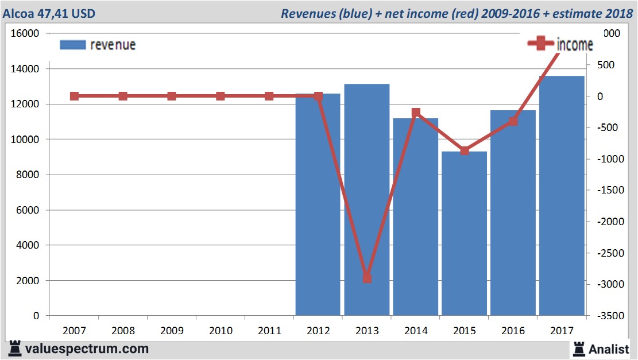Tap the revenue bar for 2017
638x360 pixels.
(x=562, y=196)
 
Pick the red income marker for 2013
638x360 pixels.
(x=367, y=278)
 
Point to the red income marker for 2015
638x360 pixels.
(x=465, y=150)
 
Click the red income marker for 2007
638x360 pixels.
(x=74, y=96)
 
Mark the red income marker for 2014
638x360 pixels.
(x=416, y=113)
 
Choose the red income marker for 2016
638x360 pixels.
(x=513, y=121)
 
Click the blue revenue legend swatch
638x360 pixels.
(x=72, y=45)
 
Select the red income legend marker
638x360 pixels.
(x=540, y=44)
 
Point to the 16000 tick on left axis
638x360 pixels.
(x=25, y=33)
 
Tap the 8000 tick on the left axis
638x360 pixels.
(x=27, y=175)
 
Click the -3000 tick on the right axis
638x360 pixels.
(x=613, y=284)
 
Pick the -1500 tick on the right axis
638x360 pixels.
(x=613, y=190)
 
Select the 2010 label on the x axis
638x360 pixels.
(x=221, y=331)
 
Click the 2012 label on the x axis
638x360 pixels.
(x=318, y=331)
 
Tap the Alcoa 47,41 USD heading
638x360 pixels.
(x=50, y=13)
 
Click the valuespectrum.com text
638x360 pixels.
(x=87, y=348)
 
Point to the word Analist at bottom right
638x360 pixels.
(x=609, y=349)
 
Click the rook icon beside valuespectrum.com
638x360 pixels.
(x=16, y=348)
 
